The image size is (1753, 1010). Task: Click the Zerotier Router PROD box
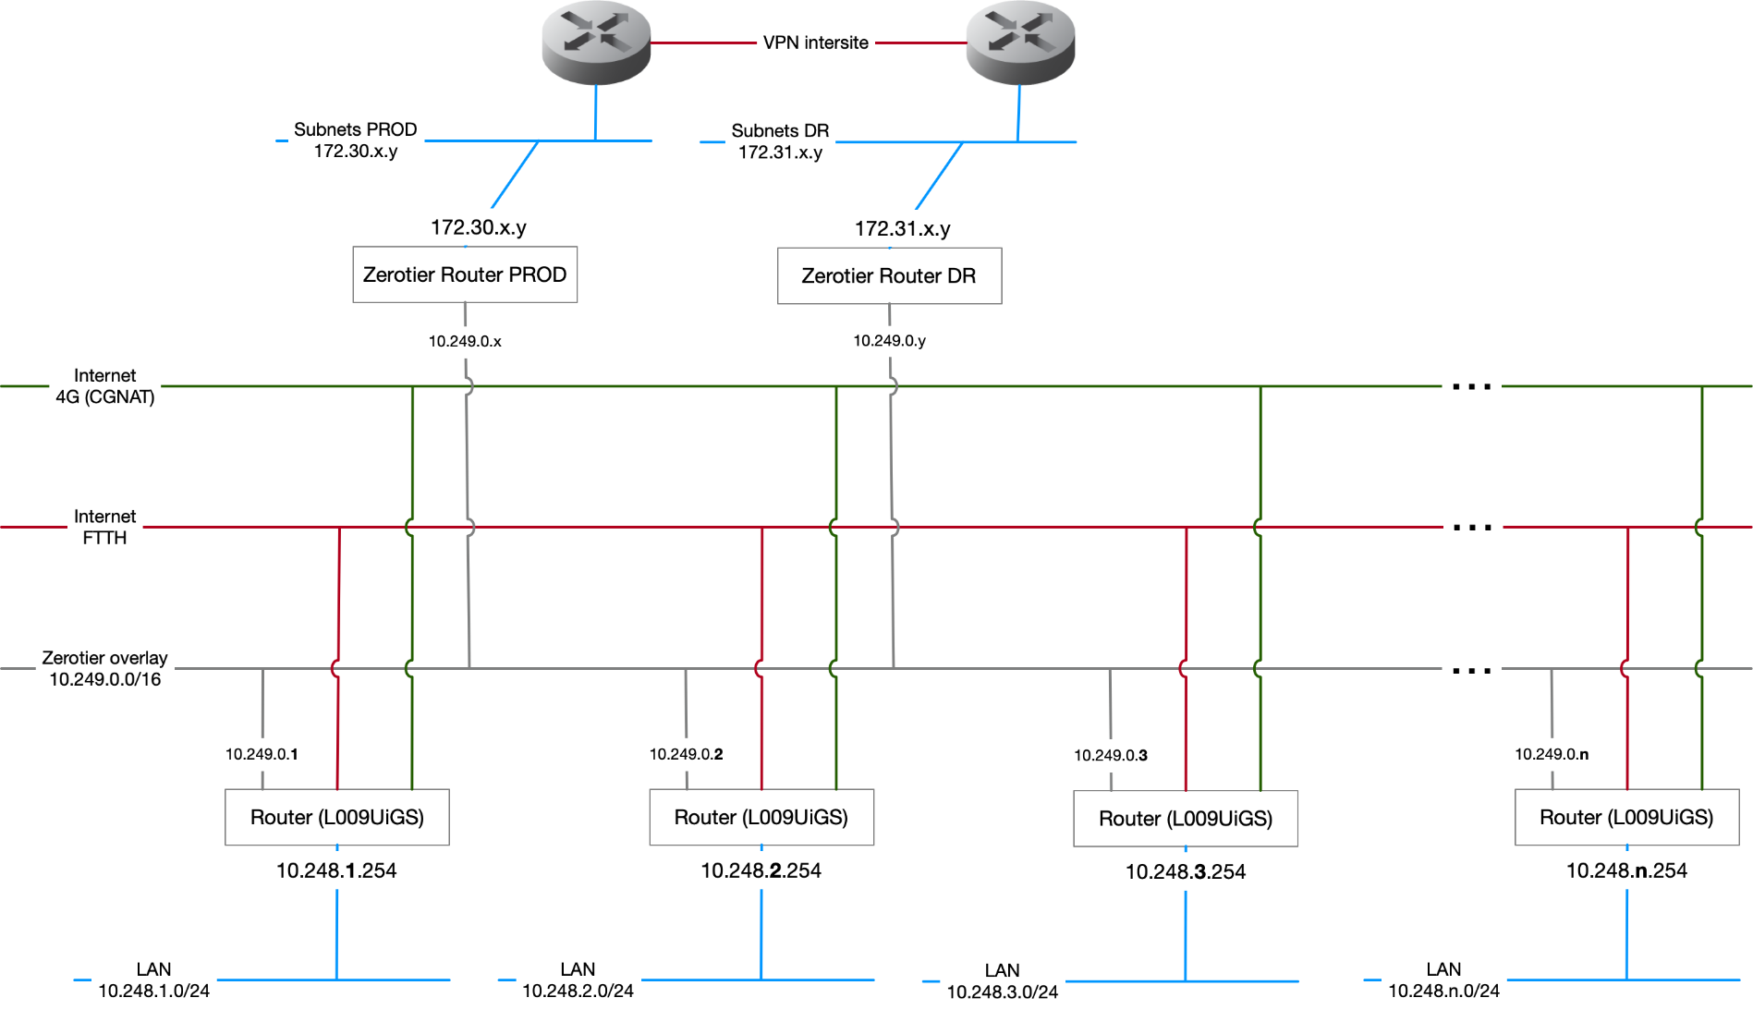(465, 274)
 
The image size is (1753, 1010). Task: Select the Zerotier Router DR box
(889, 275)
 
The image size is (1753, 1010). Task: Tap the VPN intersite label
(815, 43)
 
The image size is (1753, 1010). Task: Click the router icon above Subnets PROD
(596, 43)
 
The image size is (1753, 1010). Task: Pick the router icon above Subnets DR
(1020, 43)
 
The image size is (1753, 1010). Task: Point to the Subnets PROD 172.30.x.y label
(355, 140)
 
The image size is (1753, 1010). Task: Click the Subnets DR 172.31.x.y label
(780, 141)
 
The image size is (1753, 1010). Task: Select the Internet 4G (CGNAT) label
(104, 386)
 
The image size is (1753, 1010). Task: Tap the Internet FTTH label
(104, 527)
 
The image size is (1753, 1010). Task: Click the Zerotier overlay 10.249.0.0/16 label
(104, 668)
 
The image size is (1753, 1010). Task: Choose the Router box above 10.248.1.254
(337, 817)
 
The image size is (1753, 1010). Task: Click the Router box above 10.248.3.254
(1186, 818)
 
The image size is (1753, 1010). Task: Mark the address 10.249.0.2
(686, 754)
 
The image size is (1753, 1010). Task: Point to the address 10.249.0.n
(1552, 754)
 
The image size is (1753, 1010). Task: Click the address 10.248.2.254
(761, 870)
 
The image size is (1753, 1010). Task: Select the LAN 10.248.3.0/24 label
(1002, 981)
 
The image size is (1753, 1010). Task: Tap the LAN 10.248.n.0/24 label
(1443, 980)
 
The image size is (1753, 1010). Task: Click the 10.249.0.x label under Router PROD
(465, 341)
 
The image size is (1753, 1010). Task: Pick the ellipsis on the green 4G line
(1471, 386)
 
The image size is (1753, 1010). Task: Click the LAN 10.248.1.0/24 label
(153, 980)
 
